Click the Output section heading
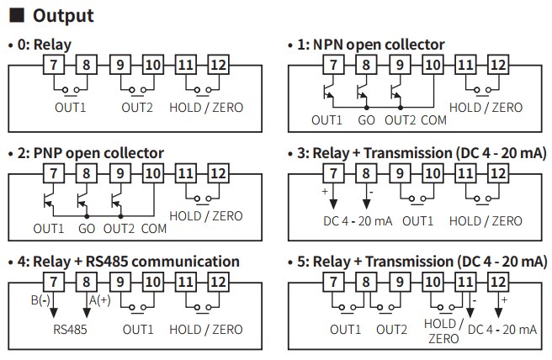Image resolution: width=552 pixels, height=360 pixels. click(x=59, y=16)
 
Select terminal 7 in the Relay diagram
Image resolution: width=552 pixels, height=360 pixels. click(x=54, y=65)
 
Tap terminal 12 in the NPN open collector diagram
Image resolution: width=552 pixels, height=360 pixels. click(x=498, y=65)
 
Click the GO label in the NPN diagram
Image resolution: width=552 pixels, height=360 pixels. click(x=367, y=119)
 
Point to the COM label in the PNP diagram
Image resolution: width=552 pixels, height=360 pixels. click(x=154, y=228)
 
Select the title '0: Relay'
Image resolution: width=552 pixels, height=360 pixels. click(x=42, y=44)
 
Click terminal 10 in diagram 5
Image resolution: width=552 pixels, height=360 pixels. click(x=432, y=283)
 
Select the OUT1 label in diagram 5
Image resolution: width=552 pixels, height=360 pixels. click(x=345, y=329)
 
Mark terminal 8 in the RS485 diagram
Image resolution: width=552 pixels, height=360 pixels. click(x=85, y=283)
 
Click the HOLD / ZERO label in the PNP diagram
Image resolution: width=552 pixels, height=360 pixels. click(x=205, y=215)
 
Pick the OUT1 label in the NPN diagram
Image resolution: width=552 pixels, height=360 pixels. click(x=326, y=119)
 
